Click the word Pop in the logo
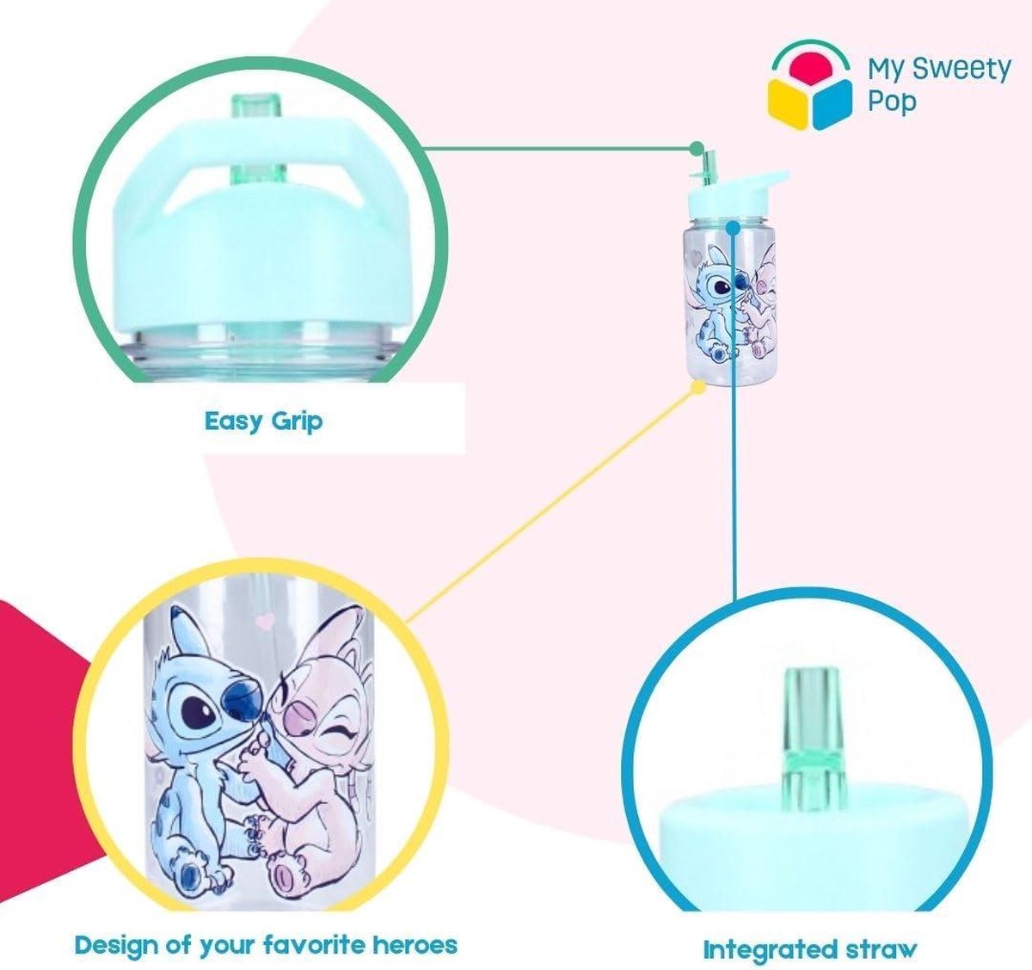tap(892, 102)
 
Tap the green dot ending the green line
tap(697, 149)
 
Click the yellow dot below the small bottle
tap(699, 386)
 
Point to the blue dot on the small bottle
tap(734, 228)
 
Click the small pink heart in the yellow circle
tap(267, 621)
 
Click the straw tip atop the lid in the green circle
tap(255, 110)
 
